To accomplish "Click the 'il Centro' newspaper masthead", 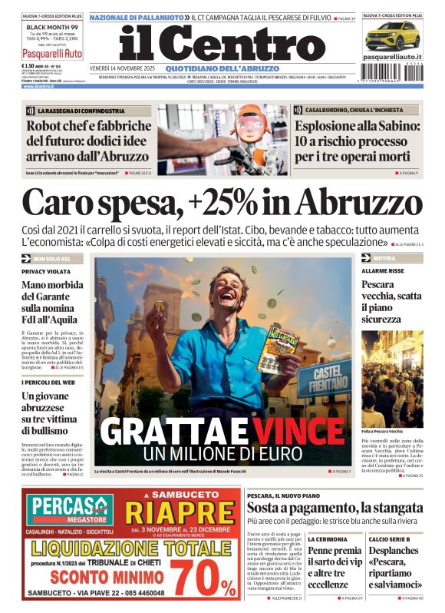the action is click(222, 44).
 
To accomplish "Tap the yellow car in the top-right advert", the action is click(392, 36).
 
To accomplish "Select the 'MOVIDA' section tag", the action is click(384, 258).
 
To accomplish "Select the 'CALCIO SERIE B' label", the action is click(386, 539).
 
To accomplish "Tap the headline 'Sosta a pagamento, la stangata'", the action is click(337, 508).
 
